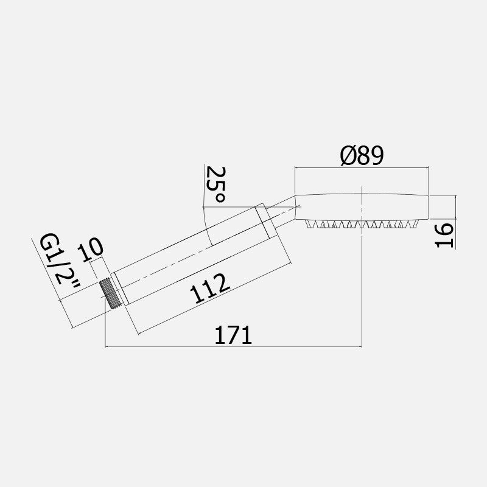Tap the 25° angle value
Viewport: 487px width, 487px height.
[x=216, y=184]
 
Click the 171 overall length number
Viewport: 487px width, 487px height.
[x=233, y=335]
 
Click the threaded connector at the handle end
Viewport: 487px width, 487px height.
[x=110, y=295]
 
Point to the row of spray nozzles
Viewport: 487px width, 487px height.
[x=363, y=224]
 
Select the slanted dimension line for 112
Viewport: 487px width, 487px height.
[x=213, y=301]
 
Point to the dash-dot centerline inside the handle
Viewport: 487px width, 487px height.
[x=195, y=251]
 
